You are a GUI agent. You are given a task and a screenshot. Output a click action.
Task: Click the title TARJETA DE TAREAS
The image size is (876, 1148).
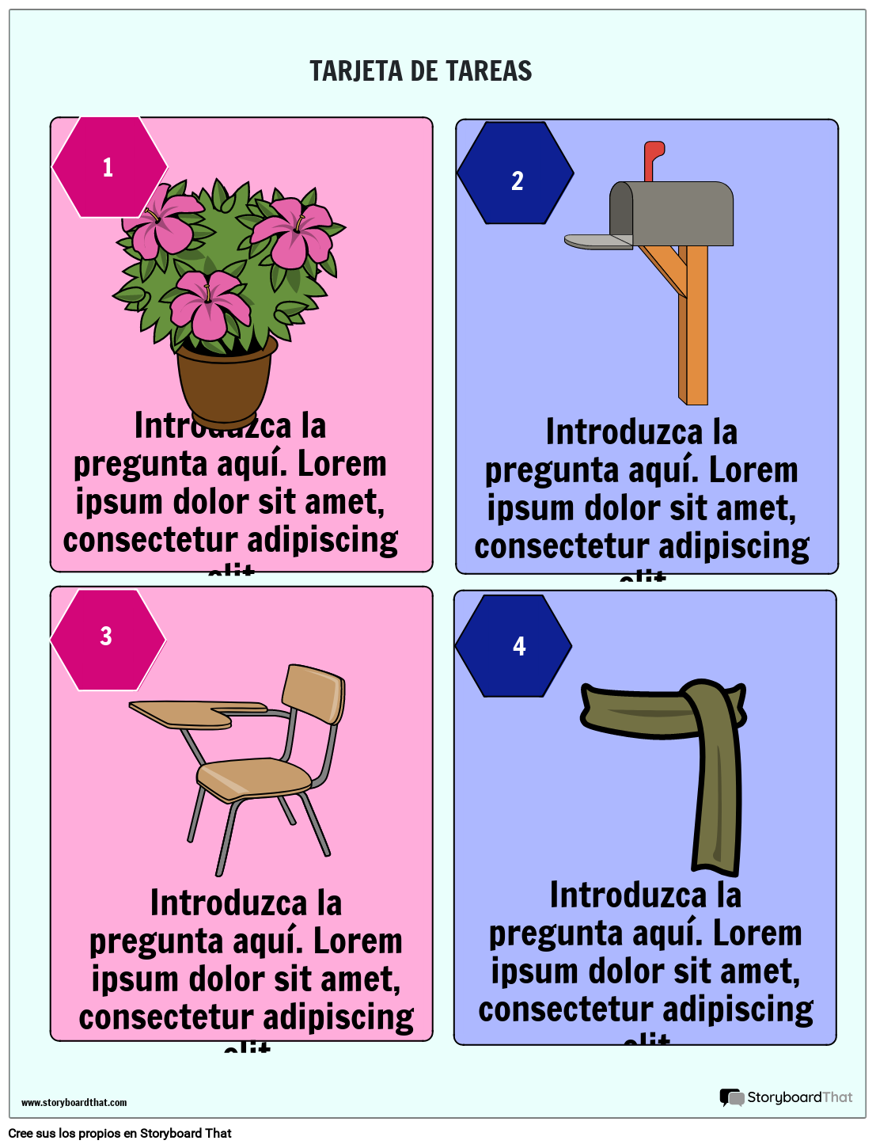tap(420, 71)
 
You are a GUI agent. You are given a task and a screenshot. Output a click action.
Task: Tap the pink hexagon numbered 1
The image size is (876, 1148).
tap(109, 167)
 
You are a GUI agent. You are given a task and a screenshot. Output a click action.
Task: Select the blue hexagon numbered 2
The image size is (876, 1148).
tap(515, 173)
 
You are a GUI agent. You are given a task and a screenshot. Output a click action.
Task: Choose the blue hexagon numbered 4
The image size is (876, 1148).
tap(514, 646)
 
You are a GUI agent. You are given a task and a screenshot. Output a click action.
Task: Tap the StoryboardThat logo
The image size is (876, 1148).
tap(786, 1097)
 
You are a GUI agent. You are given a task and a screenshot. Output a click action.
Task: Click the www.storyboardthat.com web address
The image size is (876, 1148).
tap(74, 1103)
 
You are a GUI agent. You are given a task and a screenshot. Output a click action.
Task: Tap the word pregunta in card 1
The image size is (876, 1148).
tap(129, 464)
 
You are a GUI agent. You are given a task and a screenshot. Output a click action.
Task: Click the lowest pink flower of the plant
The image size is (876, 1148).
tap(210, 303)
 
